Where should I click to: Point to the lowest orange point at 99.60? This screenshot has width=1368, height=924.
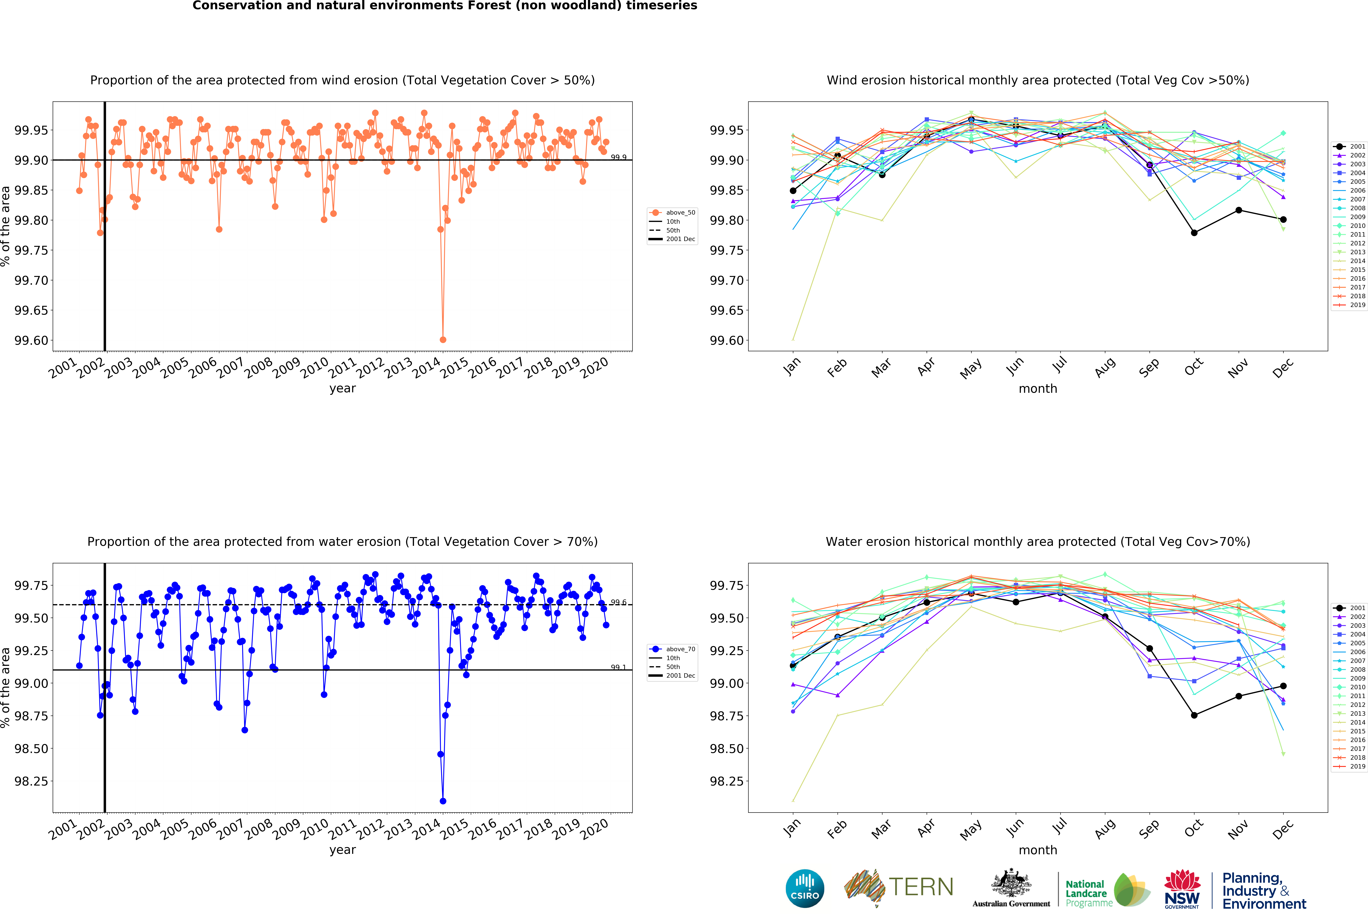[x=443, y=340]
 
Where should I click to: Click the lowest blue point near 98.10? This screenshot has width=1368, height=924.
[x=443, y=801]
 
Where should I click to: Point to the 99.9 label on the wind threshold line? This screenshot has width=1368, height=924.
[x=618, y=157]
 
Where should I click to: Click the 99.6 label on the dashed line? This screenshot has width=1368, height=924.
[x=618, y=602]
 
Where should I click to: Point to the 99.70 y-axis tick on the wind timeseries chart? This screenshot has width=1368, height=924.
[x=31, y=280]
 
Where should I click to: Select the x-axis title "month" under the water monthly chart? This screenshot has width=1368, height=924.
[x=1038, y=850]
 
